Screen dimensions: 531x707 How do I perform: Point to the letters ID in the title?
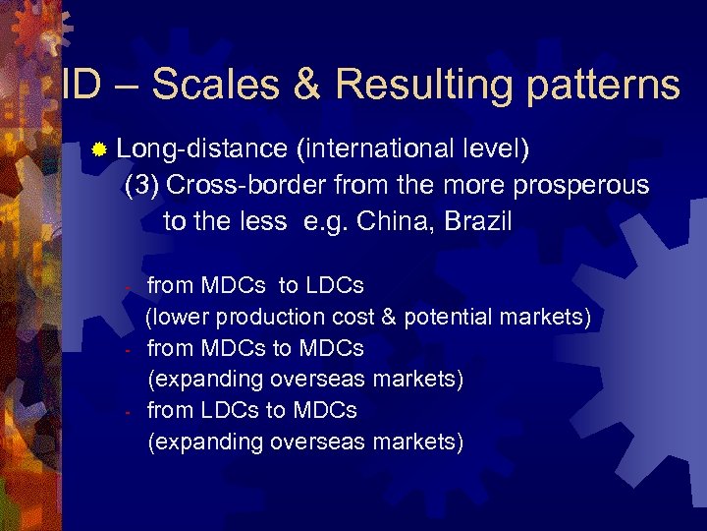(81, 85)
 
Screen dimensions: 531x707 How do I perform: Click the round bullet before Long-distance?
(98, 150)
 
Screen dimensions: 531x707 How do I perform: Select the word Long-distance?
(202, 149)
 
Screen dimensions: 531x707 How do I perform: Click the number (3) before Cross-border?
(145, 185)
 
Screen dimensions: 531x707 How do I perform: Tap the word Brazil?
(478, 220)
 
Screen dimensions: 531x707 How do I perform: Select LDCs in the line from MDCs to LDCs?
(335, 286)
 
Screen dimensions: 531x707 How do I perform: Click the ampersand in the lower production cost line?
(389, 318)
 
